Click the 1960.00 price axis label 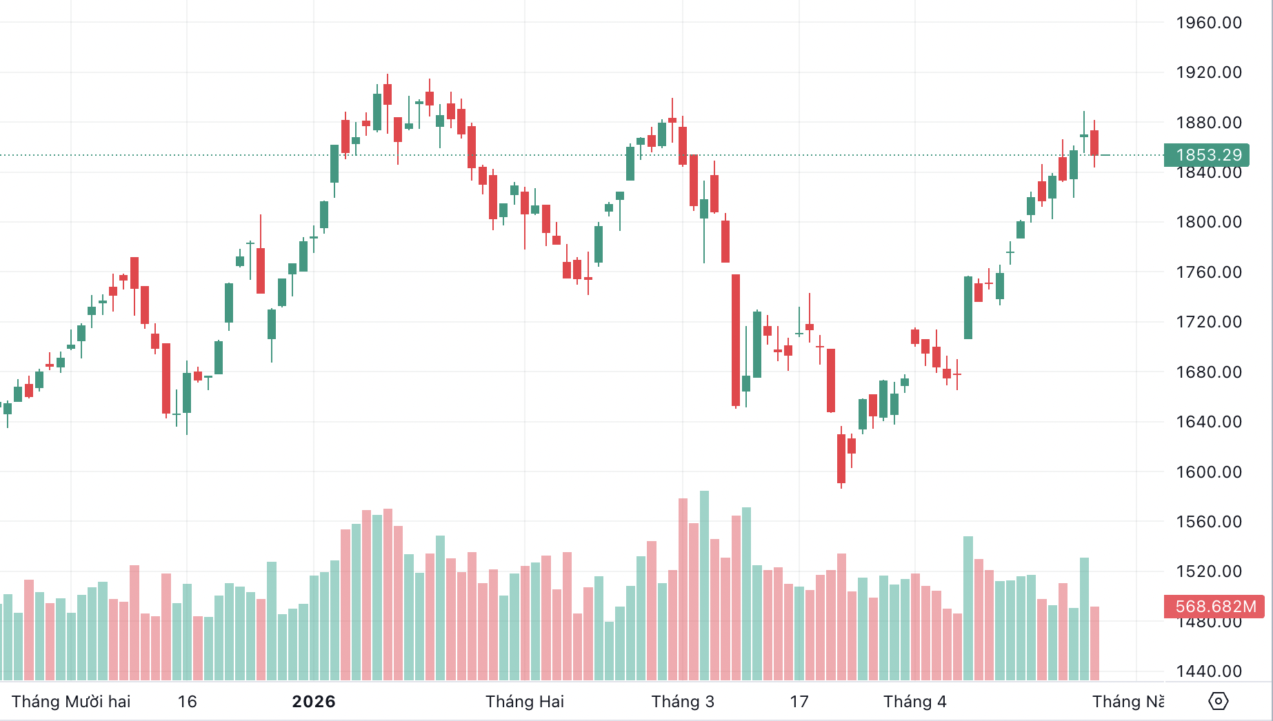pyautogui.click(x=1208, y=23)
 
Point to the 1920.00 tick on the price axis pyautogui.click(x=1208, y=72)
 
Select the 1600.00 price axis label pyautogui.click(x=1208, y=472)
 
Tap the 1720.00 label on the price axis pyautogui.click(x=1208, y=322)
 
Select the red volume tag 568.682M pyautogui.click(x=1215, y=607)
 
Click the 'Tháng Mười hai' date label pyautogui.click(x=71, y=702)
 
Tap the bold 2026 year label pyautogui.click(x=314, y=702)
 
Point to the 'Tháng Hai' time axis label pyautogui.click(x=525, y=702)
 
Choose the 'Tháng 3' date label pyautogui.click(x=683, y=702)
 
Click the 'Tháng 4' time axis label pyautogui.click(x=915, y=702)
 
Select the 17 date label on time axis pyautogui.click(x=799, y=702)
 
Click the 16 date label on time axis pyautogui.click(x=188, y=702)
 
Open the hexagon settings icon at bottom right pyautogui.click(x=1219, y=701)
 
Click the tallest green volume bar pyautogui.click(x=704, y=586)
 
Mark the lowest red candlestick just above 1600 pyautogui.click(x=841, y=458)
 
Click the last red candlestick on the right pyautogui.click(x=1094, y=143)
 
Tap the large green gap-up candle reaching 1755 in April pyautogui.click(x=968, y=307)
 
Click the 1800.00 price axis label pyautogui.click(x=1208, y=222)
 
